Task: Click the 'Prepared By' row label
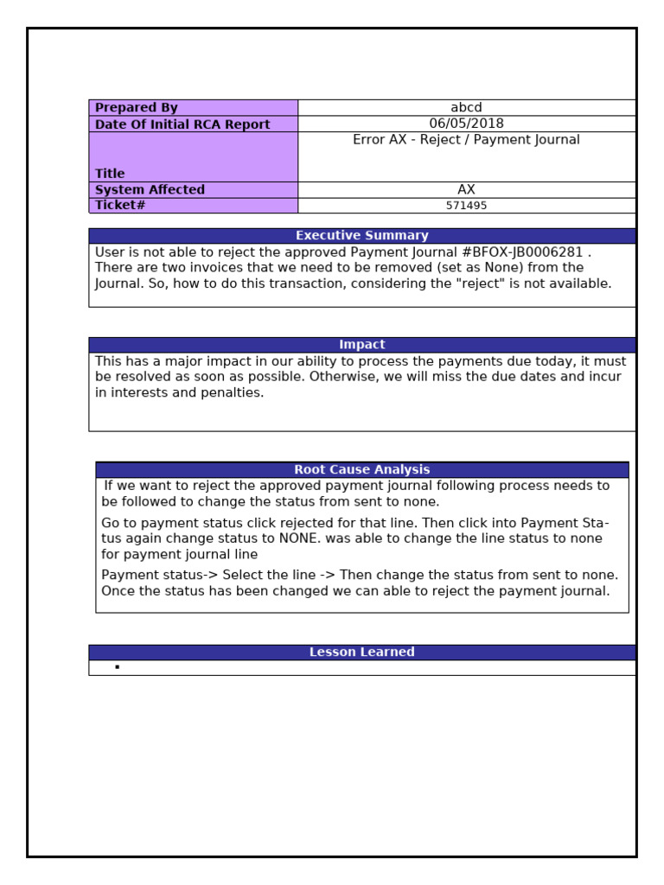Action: (x=136, y=108)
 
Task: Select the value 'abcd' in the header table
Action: (x=466, y=108)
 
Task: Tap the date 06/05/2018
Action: (x=466, y=124)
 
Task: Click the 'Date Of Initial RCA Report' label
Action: (x=182, y=124)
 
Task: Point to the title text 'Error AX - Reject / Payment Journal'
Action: (x=466, y=140)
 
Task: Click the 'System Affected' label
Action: (x=150, y=190)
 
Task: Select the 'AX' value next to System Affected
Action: (x=466, y=190)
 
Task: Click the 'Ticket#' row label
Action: (x=120, y=206)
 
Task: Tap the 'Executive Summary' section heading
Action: (x=361, y=236)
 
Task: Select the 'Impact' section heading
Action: (x=361, y=345)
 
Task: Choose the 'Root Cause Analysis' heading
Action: (x=361, y=470)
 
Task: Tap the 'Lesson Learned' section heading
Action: (x=361, y=653)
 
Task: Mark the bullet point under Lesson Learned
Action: (x=117, y=668)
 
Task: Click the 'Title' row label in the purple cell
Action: (x=110, y=174)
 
